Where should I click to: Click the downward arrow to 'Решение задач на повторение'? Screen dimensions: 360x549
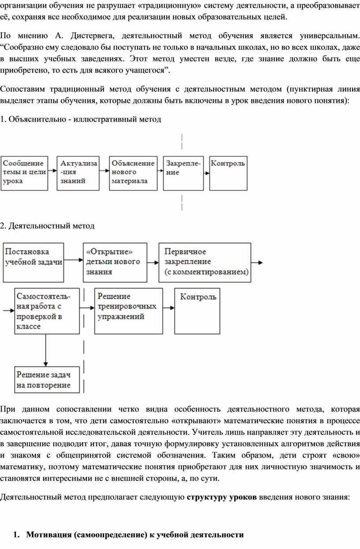tap(45, 350)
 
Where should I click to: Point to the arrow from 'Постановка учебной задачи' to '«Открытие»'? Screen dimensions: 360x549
tap(74, 260)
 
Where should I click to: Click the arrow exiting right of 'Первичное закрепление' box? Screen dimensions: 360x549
tap(257, 263)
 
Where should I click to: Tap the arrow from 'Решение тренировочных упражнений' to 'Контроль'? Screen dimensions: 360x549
tap(169, 308)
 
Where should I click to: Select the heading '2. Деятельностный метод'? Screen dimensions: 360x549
tap(47, 226)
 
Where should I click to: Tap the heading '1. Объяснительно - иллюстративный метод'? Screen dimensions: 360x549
tap(81, 119)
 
